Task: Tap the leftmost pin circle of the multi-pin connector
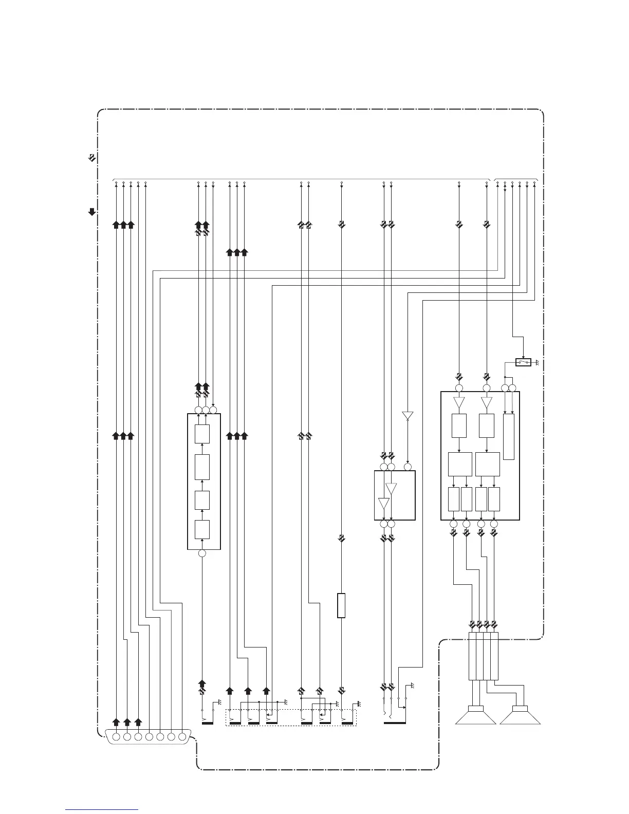116,737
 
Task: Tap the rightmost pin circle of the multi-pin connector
182,737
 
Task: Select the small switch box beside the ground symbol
523,363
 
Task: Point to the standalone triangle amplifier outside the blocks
408,415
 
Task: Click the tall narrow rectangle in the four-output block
509,436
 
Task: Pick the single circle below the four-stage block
202,553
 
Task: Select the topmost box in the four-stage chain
202,435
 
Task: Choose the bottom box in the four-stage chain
202,529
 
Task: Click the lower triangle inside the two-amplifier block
384,503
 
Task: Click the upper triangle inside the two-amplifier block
391,488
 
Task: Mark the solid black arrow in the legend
91,211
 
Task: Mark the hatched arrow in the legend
91,158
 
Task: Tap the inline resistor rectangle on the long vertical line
341,605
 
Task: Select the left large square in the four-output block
460,464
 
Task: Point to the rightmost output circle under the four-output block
494,524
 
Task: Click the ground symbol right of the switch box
537,363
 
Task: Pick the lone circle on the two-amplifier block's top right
408,467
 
